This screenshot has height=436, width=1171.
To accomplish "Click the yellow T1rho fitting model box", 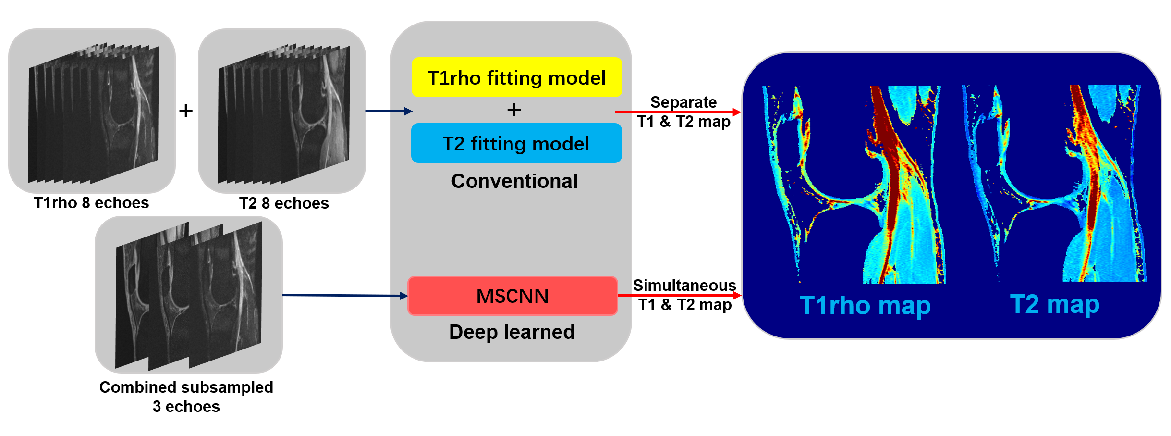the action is (x=517, y=77).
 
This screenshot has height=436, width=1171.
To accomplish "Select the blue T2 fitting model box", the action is (x=516, y=143).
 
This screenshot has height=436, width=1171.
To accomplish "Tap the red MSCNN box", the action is (x=512, y=296).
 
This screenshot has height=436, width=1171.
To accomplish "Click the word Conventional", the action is (x=514, y=181).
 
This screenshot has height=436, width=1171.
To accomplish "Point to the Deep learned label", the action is (x=512, y=332).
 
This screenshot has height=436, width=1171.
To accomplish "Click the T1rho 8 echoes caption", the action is (x=91, y=203).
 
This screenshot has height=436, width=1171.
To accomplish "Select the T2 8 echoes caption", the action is (x=284, y=203).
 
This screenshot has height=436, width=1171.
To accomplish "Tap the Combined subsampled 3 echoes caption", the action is (x=186, y=397).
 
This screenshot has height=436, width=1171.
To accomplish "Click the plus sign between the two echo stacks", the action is (x=186, y=111).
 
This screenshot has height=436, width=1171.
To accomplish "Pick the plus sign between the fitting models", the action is (x=514, y=110).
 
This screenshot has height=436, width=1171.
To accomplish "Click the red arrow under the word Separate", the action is (x=678, y=112).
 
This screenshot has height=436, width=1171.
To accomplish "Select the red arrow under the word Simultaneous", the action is (x=680, y=295).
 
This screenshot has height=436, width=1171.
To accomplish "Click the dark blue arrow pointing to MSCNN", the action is (x=345, y=295).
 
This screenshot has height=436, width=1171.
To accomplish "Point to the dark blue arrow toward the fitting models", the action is (x=389, y=112).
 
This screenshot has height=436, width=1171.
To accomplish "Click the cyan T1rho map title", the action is (x=865, y=306).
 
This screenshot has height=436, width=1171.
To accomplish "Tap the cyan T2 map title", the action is (x=1055, y=304).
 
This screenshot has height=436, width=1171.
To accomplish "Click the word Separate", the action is (x=683, y=102).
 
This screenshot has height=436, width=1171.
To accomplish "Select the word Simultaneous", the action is (x=684, y=285).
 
